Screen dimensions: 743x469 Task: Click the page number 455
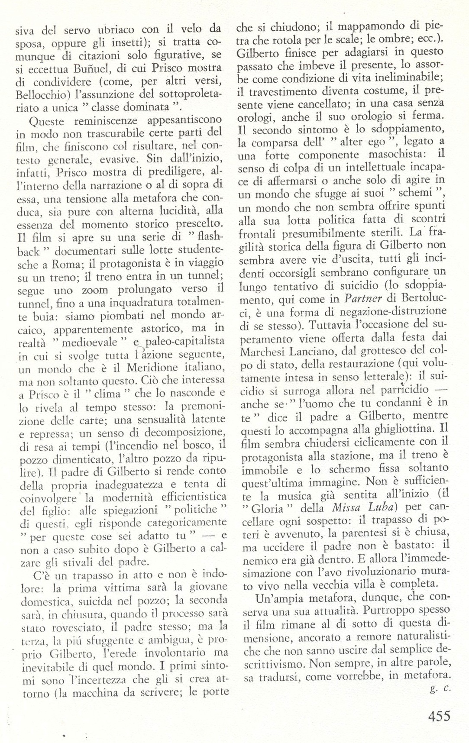coord(435,715)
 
